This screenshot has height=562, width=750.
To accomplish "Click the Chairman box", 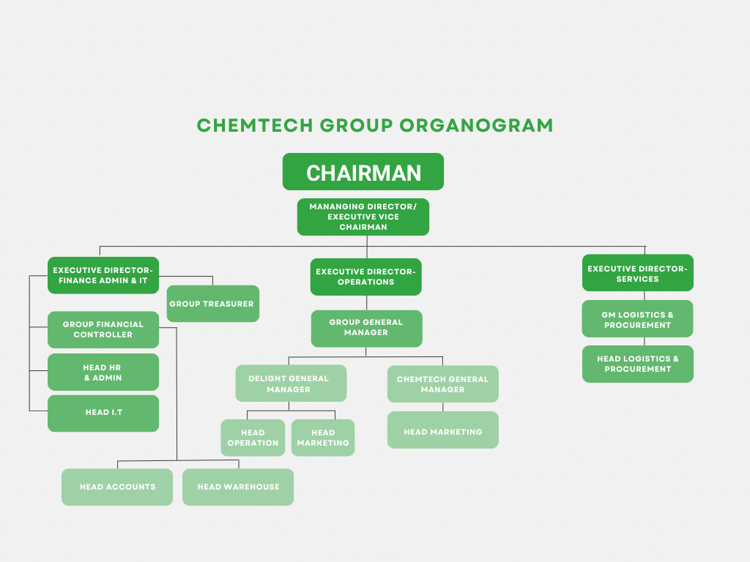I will (363, 172).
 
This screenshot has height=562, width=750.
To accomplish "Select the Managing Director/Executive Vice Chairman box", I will (363, 217).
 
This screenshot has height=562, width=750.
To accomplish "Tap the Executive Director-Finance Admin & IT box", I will (103, 275).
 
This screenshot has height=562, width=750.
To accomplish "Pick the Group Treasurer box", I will (212, 304).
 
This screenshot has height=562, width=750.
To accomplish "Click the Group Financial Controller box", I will (103, 329).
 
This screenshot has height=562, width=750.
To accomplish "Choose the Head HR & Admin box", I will (103, 372).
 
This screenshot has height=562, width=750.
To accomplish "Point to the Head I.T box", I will (103, 413).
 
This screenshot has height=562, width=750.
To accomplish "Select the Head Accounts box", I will (117, 487).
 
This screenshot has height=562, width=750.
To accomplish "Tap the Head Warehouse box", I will (238, 487).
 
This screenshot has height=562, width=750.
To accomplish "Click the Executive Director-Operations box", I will (365, 277).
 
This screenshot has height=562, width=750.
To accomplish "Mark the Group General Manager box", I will (366, 328).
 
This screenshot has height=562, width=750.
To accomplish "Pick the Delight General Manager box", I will (291, 383).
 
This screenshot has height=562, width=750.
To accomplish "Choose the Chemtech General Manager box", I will (442, 384).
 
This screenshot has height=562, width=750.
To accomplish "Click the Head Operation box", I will (253, 438).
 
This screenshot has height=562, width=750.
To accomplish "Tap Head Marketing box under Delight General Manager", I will (323, 438).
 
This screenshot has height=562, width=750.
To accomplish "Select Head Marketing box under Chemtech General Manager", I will (442, 432).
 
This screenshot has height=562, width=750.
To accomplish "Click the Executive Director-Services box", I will (637, 273).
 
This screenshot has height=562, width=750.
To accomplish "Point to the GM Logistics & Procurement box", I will (637, 319).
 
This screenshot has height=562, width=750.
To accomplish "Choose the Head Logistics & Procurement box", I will (637, 364).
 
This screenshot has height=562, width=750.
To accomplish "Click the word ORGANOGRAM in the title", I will (476, 125).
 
